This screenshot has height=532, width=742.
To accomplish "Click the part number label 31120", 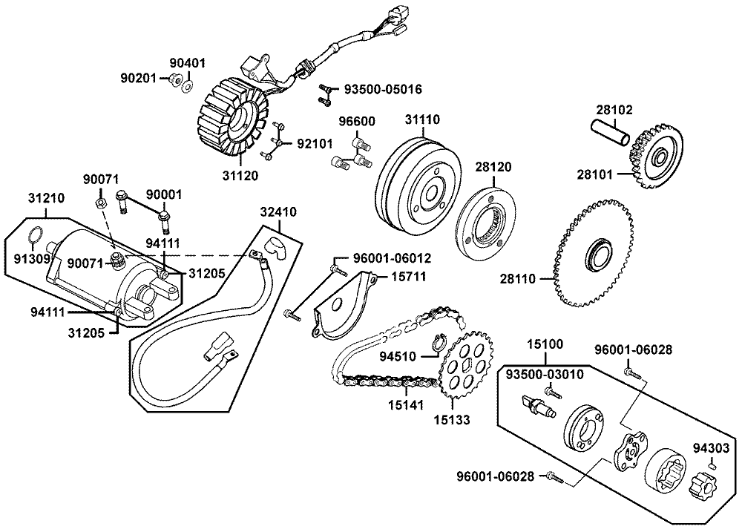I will pyautogui.click(x=240, y=176).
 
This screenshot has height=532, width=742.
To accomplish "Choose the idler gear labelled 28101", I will pyautogui.click(x=656, y=157).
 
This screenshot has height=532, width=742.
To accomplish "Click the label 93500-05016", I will pyautogui.click(x=384, y=89).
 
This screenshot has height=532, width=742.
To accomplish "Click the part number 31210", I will pyautogui.click(x=46, y=199).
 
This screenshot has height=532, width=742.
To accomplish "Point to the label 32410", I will pyautogui.click(x=278, y=212).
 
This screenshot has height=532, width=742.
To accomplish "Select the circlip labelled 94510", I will pyautogui.click(x=438, y=344).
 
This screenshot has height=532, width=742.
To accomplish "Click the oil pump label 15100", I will pyautogui.click(x=545, y=345).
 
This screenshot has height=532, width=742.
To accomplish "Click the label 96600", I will pyautogui.click(x=357, y=122).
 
